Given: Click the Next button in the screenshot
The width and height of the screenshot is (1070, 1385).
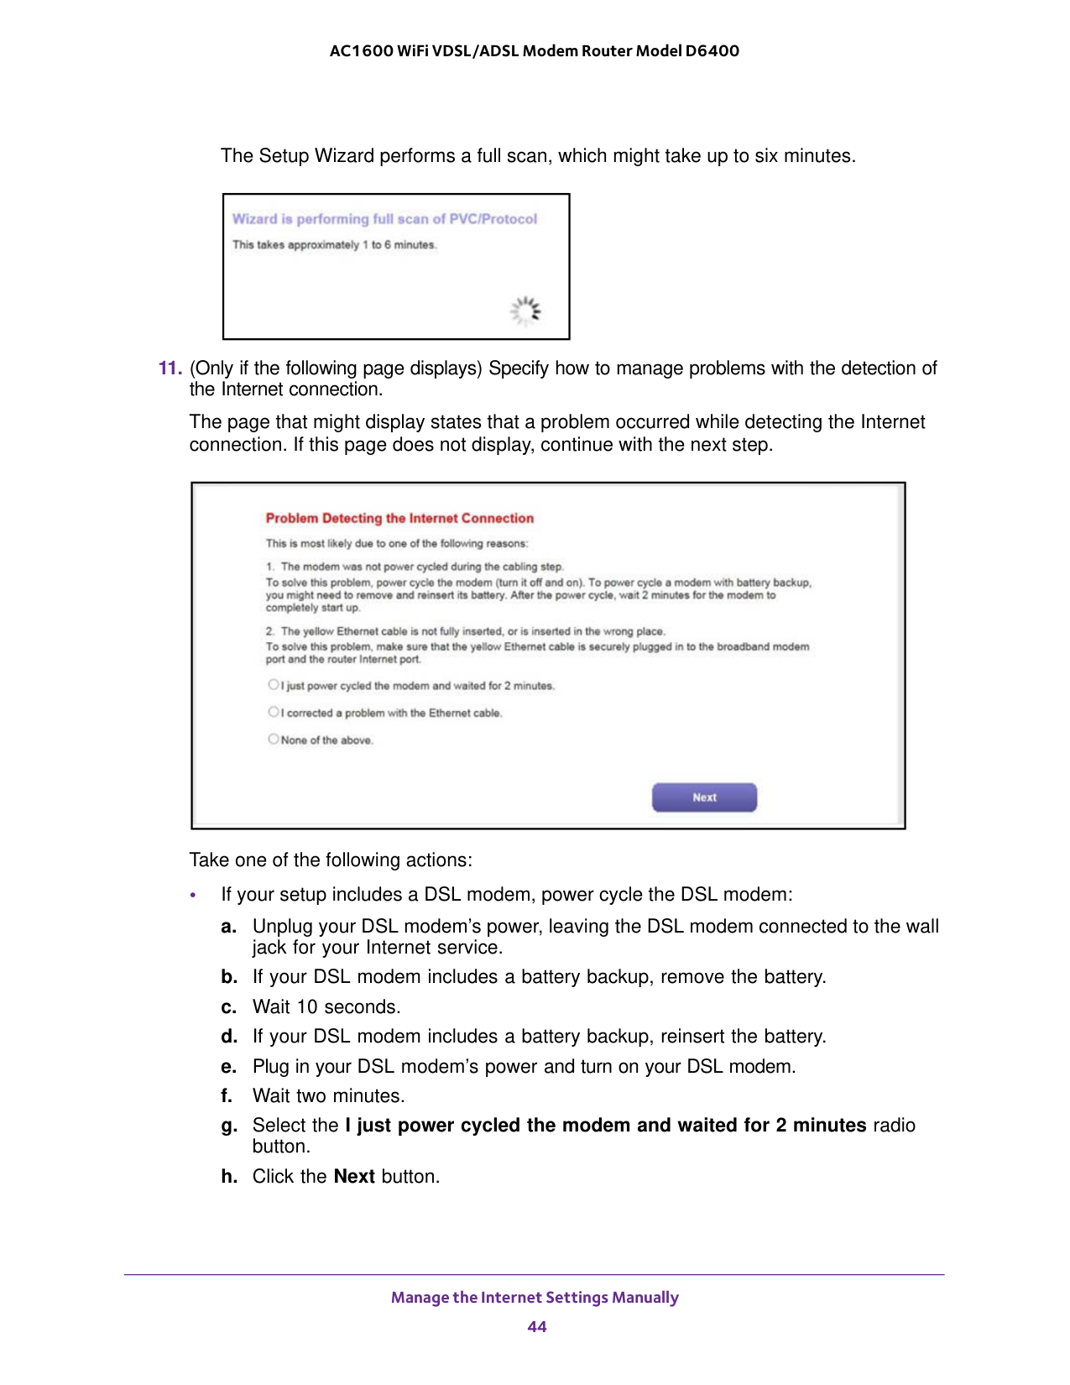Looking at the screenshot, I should click(704, 797).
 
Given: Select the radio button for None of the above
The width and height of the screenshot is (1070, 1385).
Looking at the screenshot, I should click(274, 740).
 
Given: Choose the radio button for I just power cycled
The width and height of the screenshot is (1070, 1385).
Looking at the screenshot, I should click(274, 685).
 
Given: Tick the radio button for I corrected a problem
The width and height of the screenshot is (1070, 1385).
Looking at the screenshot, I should click(274, 713).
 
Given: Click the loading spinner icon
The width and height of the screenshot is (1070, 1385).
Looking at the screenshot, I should click(526, 311).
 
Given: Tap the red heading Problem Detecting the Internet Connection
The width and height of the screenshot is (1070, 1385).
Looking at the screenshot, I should click(399, 518).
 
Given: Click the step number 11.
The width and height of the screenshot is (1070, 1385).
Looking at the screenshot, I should click(170, 368).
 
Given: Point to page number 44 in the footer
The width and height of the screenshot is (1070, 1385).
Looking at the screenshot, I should click(536, 1326).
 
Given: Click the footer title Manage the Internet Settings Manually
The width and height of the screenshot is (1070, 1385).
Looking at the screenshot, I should click(535, 1297).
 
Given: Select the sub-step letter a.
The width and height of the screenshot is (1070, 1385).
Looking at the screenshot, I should click(228, 927).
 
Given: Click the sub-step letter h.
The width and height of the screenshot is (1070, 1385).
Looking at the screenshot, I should click(228, 1177).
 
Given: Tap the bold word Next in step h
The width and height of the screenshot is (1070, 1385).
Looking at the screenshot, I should click(354, 1177).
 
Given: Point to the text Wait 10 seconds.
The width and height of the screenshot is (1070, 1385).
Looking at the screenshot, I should click(326, 1007).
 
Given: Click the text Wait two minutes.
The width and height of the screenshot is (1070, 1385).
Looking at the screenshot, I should click(328, 1096).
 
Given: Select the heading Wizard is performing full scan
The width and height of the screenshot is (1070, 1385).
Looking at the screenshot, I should click(384, 219).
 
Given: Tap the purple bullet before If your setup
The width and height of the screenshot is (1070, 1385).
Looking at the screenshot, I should click(193, 896).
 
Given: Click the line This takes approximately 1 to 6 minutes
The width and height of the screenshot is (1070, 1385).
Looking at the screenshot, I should click(334, 245).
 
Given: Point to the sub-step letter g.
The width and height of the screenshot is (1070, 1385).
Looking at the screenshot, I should click(228, 1126).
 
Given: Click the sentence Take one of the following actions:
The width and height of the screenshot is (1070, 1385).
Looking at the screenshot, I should click(331, 860).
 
